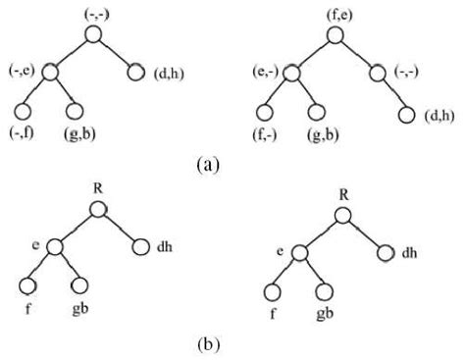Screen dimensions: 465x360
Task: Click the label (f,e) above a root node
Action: tap(335, 14)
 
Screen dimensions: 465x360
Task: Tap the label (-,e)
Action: tap(22, 70)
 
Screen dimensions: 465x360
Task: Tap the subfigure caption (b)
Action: tap(207, 345)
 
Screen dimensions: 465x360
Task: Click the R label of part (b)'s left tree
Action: tap(95, 187)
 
